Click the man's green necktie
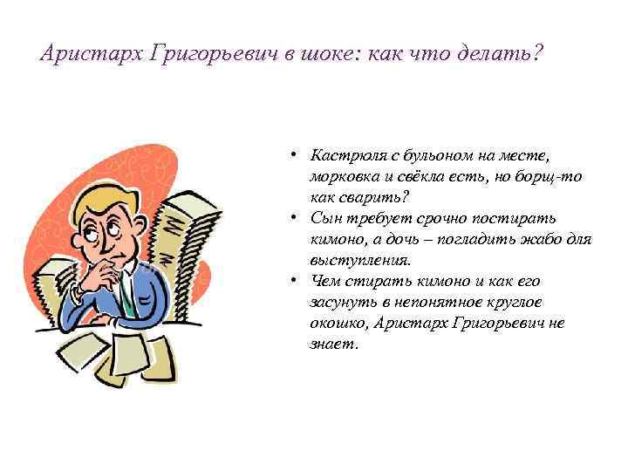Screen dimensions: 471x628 point(126,301)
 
